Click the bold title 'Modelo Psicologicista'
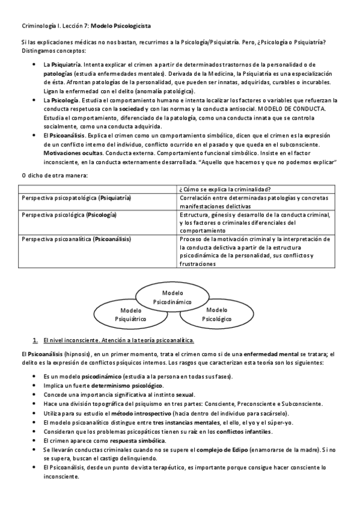[x=121, y=26]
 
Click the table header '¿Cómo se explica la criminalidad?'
[x=224, y=189]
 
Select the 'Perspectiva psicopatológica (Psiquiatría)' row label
[x=76, y=198]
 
